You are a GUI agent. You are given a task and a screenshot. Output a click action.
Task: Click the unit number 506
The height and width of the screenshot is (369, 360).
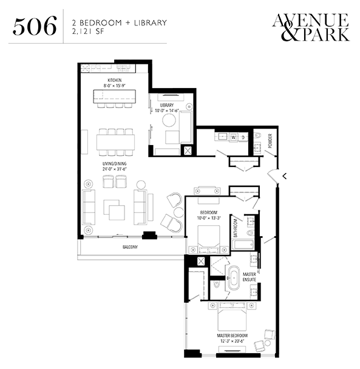point(35,25)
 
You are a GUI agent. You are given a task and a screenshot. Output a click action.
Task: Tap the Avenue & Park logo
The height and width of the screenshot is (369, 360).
point(311,27)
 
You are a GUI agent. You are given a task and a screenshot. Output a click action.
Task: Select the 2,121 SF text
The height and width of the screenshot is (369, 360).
point(88,32)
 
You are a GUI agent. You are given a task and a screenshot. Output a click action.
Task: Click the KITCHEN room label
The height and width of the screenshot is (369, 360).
point(114,80)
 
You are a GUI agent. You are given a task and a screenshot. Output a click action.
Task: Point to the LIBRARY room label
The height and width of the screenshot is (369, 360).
point(167,105)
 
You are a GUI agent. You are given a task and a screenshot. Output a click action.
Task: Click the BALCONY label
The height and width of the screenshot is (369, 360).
point(130,247)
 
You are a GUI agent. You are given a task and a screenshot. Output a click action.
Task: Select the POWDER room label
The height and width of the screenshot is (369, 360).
point(270,141)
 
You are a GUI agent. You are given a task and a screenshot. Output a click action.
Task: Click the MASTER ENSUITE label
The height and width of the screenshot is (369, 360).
point(250,277)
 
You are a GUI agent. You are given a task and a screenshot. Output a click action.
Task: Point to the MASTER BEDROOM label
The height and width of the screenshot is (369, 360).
point(232,336)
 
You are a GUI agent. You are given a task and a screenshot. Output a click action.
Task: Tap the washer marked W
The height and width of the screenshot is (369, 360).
point(234,137)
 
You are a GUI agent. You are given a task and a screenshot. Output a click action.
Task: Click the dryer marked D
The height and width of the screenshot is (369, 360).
point(243,137)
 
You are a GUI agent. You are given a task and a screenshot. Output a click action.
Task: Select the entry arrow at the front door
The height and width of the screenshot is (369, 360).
point(285,176)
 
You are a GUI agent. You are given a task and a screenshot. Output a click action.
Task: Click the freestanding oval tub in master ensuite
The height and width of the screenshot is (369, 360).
point(234,278)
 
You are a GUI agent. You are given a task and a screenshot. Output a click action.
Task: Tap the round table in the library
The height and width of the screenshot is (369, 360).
point(169,120)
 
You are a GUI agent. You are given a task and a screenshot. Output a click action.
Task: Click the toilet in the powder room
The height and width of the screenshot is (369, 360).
point(258,135)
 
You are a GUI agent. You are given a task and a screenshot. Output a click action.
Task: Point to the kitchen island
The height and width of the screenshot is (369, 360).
point(114,96)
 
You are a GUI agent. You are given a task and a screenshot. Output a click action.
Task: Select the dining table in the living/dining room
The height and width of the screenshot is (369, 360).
point(115,142)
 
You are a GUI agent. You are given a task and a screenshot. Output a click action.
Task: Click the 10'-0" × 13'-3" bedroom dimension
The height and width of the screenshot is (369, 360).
point(209,218)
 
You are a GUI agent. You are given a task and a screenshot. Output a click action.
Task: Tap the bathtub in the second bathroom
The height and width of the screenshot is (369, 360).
point(242,245)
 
